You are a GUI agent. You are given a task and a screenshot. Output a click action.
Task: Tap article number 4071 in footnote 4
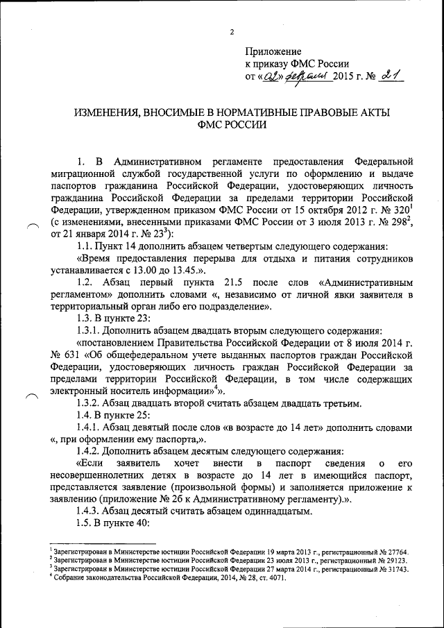[x=275, y=577]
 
